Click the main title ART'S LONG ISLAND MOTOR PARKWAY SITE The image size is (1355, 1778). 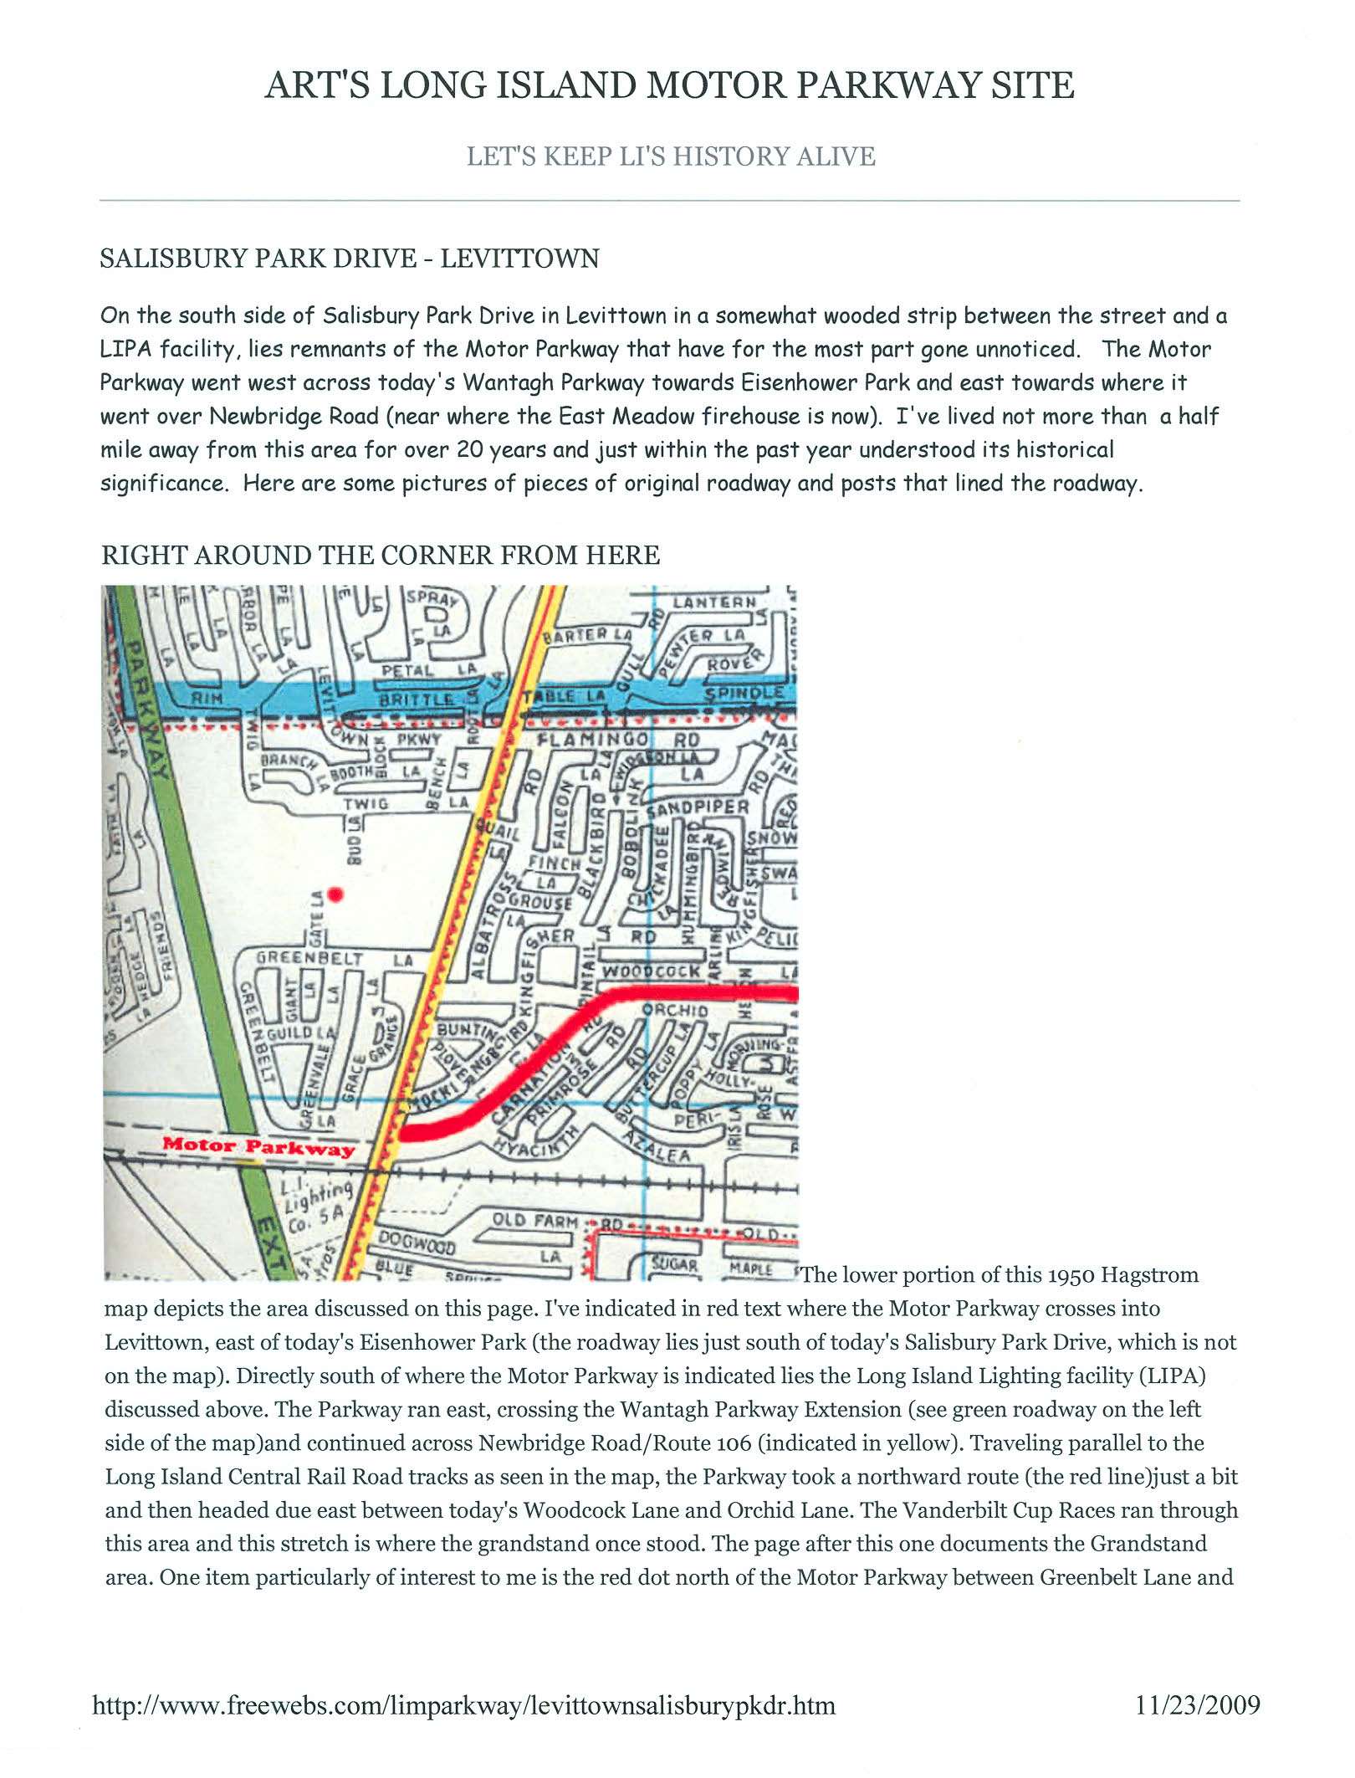669,85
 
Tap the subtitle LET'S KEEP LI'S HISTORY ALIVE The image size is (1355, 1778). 671,156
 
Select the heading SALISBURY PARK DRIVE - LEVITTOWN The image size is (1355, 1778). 349,258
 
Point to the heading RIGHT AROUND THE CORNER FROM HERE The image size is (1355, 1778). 381,555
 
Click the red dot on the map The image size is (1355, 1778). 335,894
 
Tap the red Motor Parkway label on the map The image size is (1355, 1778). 258,1145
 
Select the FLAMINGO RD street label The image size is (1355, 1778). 618,740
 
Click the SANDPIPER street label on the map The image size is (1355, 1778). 698,808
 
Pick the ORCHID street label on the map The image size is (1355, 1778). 674,1010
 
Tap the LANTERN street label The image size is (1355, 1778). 714,602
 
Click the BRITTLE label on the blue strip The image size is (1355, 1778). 416,699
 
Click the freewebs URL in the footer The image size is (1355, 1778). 463,1704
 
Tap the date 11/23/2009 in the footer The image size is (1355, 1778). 1197,1704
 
